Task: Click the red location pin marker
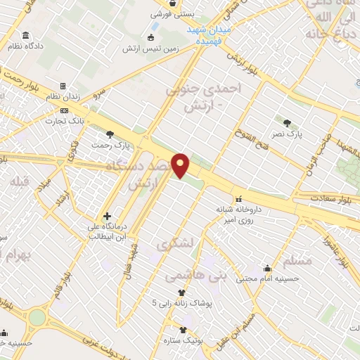tap(181, 165)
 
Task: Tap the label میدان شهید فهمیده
tap(208, 36)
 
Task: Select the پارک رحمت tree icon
tap(109, 133)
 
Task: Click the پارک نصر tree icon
tap(286, 123)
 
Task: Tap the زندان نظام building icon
tap(63, 86)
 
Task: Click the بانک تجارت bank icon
tap(64, 110)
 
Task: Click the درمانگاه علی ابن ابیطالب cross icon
tap(106, 216)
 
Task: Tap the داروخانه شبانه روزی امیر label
tap(236, 214)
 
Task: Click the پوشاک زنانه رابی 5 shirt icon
tap(181, 293)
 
